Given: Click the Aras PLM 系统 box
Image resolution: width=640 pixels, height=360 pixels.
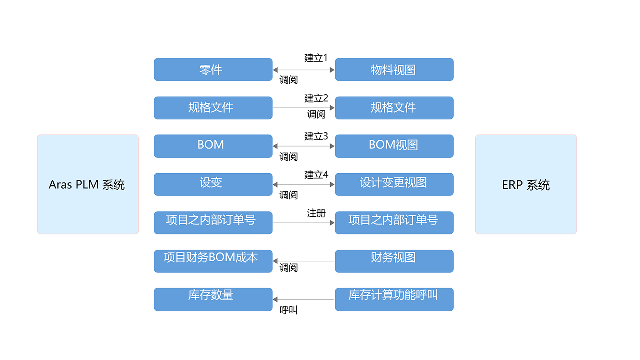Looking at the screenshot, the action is [x=88, y=184].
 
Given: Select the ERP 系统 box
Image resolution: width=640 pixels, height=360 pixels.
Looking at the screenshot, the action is [x=526, y=184].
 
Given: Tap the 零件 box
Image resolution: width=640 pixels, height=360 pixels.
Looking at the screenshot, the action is [x=213, y=70].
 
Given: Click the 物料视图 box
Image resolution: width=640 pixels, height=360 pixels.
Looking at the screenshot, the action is [x=394, y=70].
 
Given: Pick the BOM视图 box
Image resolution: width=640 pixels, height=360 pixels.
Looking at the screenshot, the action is [x=394, y=146].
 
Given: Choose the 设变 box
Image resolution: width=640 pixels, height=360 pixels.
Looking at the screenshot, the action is [x=213, y=184].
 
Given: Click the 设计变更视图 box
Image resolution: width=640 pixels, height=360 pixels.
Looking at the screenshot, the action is [x=394, y=184].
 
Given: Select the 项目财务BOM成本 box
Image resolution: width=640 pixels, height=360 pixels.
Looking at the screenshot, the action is [x=213, y=261].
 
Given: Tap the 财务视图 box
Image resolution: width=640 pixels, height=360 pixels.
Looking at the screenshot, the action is [x=394, y=261].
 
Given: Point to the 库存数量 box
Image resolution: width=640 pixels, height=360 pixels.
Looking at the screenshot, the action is [x=213, y=299].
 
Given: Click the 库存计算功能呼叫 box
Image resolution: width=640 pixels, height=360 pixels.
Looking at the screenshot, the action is [x=394, y=299].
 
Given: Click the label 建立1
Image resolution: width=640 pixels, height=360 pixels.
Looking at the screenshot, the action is [x=316, y=58].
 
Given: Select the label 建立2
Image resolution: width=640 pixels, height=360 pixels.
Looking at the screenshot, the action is [x=316, y=98].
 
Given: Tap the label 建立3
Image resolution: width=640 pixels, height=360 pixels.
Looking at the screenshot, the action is [x=316, y=136].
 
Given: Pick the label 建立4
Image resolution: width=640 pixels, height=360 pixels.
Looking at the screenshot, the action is [x=316, y=175].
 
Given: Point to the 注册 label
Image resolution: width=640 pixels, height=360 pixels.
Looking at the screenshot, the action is [x=316, y=213].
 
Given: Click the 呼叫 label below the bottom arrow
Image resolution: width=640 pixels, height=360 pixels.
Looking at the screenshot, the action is [x=288, y=310].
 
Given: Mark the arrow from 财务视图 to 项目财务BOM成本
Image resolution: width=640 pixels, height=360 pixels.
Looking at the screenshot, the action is [x=304, y=261].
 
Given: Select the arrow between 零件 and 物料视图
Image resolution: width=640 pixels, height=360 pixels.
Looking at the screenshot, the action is [x=304, y=70].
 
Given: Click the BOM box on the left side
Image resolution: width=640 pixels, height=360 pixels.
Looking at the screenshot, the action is [x=213, y=146].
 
